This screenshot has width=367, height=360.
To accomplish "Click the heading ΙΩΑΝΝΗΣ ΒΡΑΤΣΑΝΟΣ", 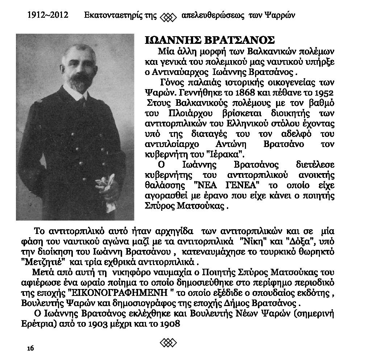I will click(x=210, y=40).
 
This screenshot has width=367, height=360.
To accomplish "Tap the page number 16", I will click(x=30, y=348).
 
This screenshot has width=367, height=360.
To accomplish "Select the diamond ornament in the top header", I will click(x=168, y=17).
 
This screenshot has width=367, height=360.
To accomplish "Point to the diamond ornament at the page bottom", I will click(x=168, y=342).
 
